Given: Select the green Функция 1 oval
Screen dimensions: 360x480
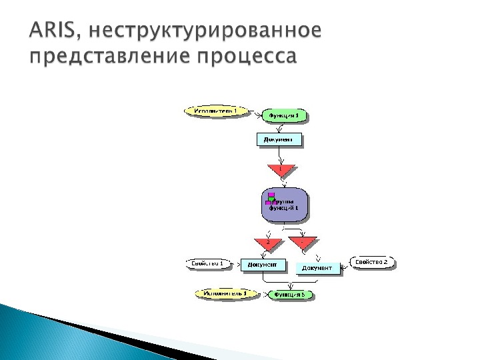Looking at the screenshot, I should coord(285,115).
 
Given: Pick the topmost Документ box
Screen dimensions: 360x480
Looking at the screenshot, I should coord(279,139).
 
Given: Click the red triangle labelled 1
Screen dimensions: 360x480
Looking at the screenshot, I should coord(281,171).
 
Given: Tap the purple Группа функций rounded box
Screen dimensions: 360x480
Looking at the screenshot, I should coord(285,205).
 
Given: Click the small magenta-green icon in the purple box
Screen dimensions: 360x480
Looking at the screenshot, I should coord(270,198).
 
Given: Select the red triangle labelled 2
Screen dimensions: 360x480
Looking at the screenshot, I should coord(268,244).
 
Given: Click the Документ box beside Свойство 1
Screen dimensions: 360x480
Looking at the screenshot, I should coord(263,264).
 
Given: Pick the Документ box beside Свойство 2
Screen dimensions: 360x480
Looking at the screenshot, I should coord(317,268).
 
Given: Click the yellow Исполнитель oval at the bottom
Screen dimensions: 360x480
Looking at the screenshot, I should coord(220,293).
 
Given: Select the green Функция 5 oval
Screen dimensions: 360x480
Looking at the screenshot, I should coord(290,294).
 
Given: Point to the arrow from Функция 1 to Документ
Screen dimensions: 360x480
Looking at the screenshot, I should coord(280,127).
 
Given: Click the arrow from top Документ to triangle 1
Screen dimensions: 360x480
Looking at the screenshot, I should coord(281,155).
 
